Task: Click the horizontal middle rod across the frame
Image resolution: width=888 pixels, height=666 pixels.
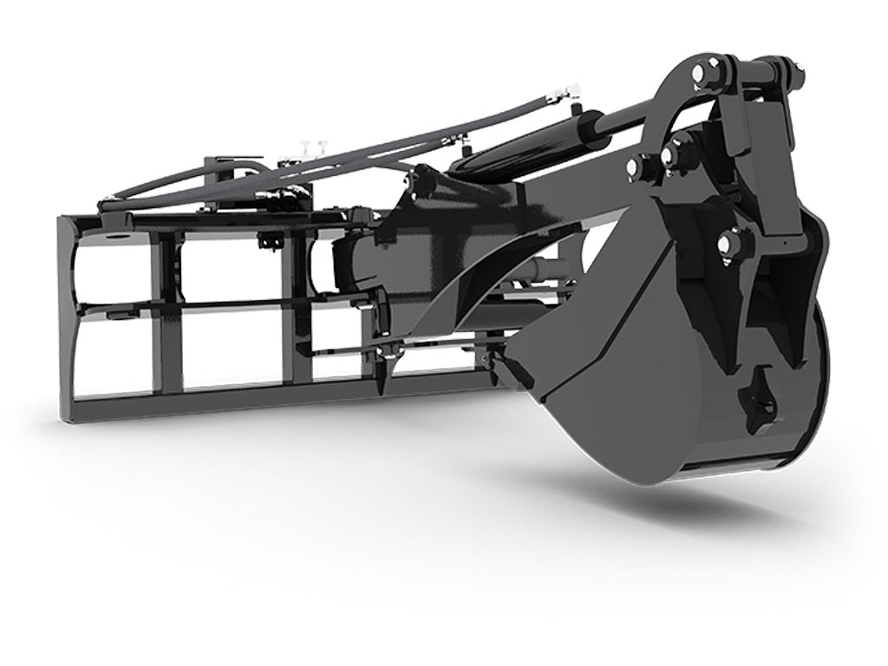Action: (x=217, y=305)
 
